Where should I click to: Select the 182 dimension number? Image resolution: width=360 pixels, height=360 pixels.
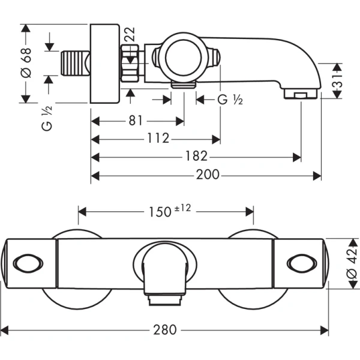[x=196, y=157]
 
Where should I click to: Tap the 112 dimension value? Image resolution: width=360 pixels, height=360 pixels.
[x=157, y=139]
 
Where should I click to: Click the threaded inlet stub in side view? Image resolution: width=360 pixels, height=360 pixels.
[x=75, y=63]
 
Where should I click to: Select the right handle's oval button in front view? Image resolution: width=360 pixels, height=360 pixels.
[x=300, y=263]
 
